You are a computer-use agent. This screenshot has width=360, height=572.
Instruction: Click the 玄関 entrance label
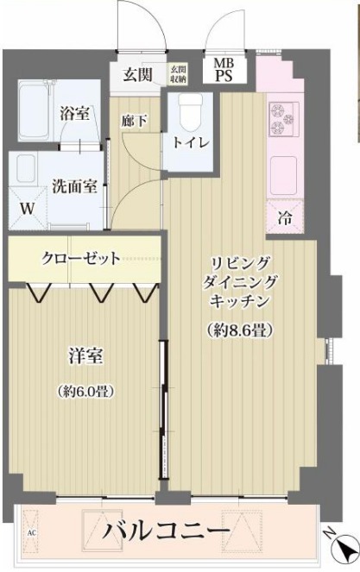137,75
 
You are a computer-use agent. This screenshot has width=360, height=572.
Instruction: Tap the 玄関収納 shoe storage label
178,75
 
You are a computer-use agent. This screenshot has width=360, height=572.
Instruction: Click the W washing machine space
27,209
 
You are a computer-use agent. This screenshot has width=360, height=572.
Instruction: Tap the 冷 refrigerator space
284,217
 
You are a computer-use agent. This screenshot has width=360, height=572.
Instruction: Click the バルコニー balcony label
168,528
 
